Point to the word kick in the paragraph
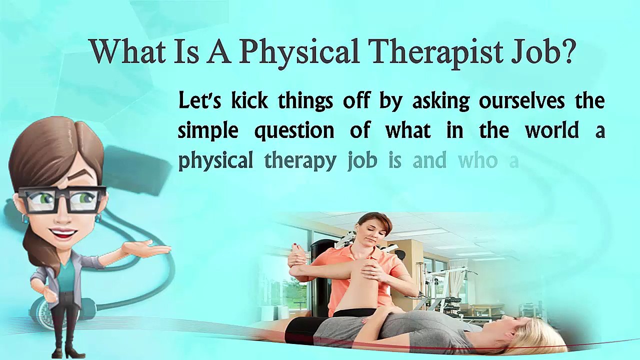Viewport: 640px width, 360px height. pyautogui.click(x=249, y=100)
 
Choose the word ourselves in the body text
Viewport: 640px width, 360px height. pyautogui.click(x=521, y=101)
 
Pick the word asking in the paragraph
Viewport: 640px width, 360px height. pyautogui.click(x=440, y=101)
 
